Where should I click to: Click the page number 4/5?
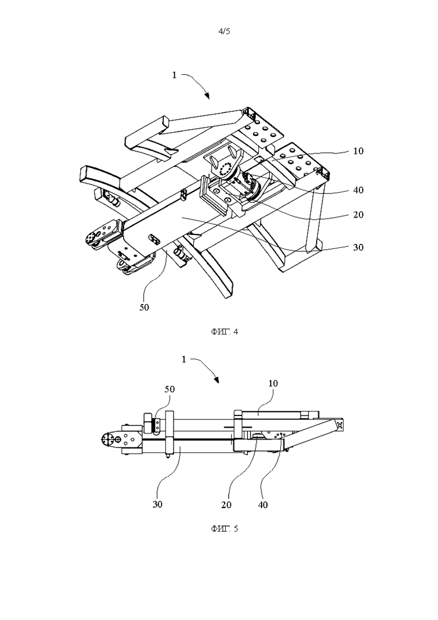pyautogui.click(x=224, y=31)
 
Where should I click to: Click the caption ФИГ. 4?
pyautogui.click(x=224, y=331)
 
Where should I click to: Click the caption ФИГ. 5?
pyautogui.click(x=224, y=529)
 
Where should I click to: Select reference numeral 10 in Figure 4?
pyautogui.click(x=358, y=151)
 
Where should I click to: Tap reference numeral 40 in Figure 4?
pyautogui.click(x=358, y=190)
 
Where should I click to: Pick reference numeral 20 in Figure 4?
pyautogui.click(x=358, y=215)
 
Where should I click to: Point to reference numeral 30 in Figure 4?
pyautogui.click(x=358, y=247)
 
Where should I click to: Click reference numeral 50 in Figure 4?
pyautogui.click(x=144, y=307)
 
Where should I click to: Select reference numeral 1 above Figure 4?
pyautogui.click(x=175, y=75)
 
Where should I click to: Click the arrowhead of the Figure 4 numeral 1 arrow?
pyautogui.click(x=207, y=96)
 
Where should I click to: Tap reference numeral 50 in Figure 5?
pyautogui.click(x=169, y=389)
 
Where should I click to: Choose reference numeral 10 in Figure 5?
pyautogui.click(x=273, y=383)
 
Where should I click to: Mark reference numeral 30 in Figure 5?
pyautogui.click(x=157, y=505)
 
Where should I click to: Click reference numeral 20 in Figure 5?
pyautogui.click(x=226, y=505)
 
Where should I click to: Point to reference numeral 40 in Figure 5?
pyautogui.click(x=263, y=505)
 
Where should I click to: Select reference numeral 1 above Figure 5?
pyautogui.click(x=184, y=359)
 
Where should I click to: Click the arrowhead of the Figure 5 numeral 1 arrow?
pyautogui.click(x=216, y=381)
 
